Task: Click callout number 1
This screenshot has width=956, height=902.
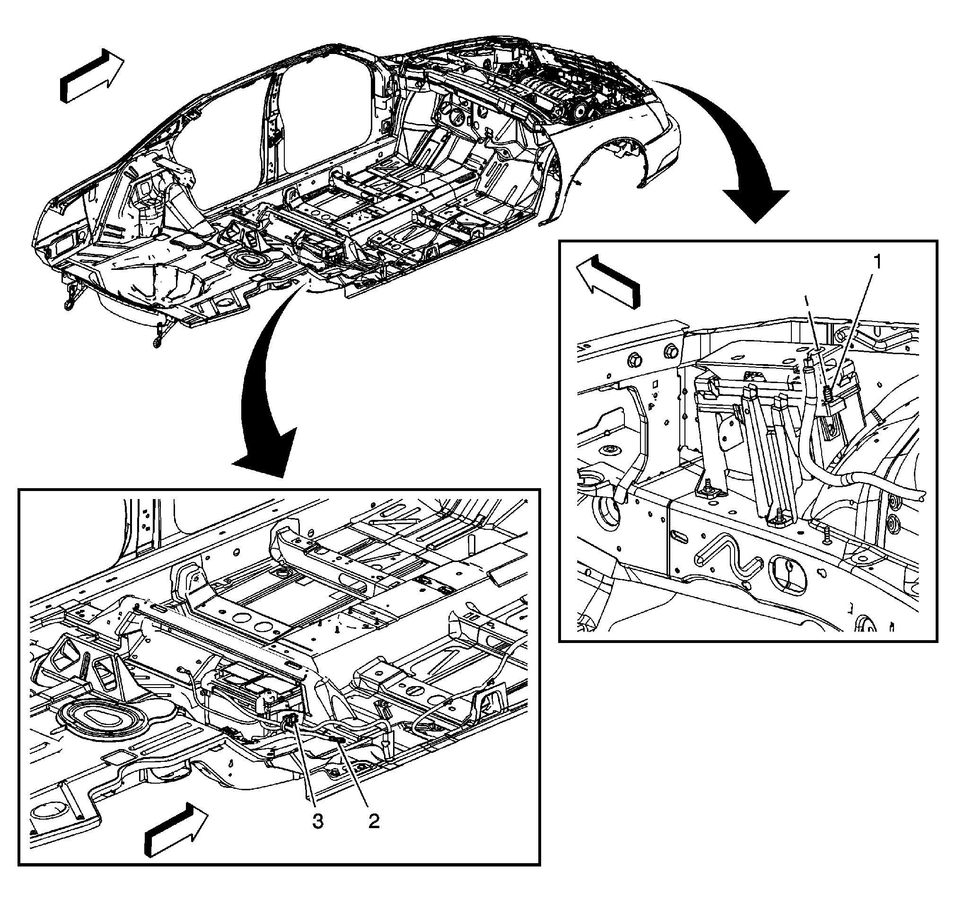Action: [x=877, y=262]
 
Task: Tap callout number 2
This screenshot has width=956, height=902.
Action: [x=374, y=821]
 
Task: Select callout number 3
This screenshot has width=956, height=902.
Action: [x=318, y=821]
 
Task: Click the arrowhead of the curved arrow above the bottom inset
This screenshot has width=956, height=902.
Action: [x=262, y=462]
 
